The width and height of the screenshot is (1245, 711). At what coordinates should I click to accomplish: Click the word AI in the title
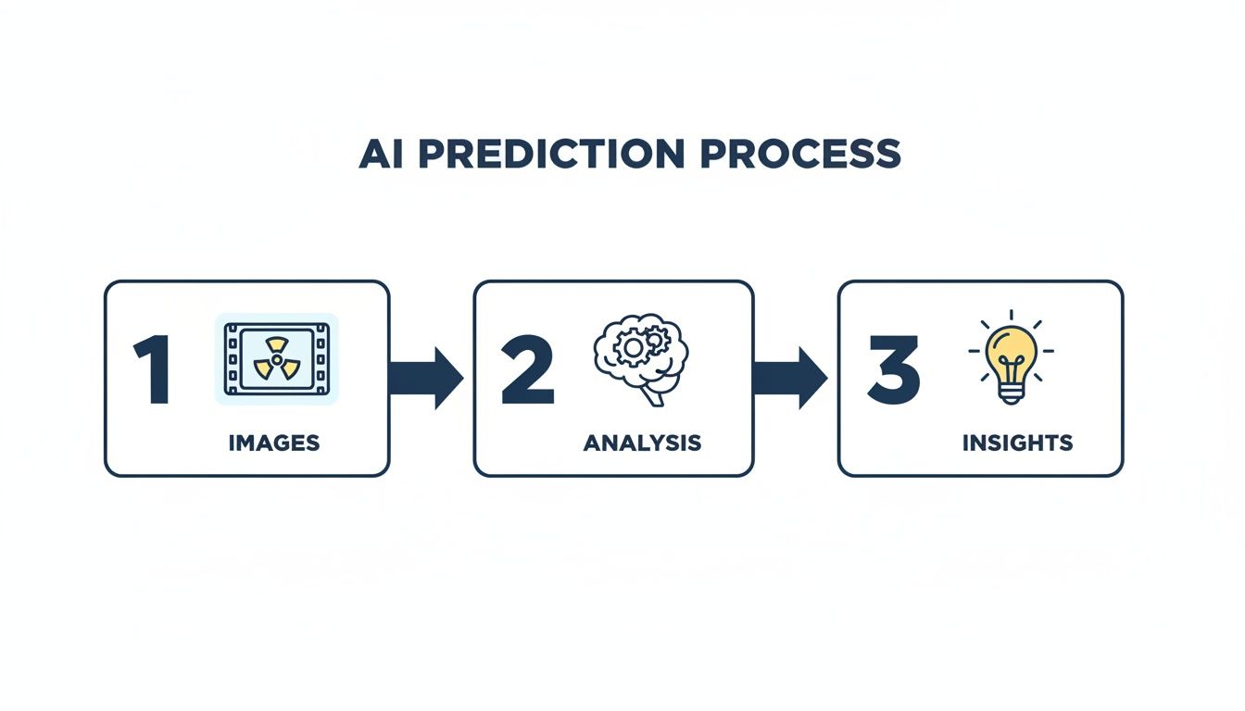(x=382, y=154)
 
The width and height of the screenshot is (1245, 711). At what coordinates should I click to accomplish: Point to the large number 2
(x=526, y=370)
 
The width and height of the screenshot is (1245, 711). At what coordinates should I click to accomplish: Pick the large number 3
(x=893, y=370)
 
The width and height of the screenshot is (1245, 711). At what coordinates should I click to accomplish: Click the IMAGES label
(x=274, y=443)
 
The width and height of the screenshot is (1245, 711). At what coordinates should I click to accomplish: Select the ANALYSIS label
(x=642, y=443)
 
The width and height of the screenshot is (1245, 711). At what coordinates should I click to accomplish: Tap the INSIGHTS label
(x=1017, y=443)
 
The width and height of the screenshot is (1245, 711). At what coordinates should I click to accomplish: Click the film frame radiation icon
(x=277, y=359)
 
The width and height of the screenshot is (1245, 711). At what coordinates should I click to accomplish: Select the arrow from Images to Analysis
(x=426, y=378)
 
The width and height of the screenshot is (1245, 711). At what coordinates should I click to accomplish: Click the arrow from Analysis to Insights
(x=790, y=378)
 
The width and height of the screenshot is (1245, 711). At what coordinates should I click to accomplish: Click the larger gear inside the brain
(x=633, y=348)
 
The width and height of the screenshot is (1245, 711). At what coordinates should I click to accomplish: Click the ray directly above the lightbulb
(x=1011, y=316)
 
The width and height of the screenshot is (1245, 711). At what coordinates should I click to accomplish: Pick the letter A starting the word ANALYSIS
(x=591, y=443)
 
